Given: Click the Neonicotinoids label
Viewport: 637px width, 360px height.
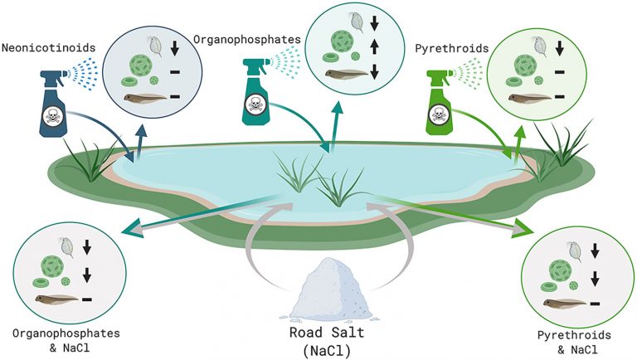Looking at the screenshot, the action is [x=48, y=47].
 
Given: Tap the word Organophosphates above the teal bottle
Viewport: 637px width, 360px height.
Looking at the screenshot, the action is [x=246, y=40].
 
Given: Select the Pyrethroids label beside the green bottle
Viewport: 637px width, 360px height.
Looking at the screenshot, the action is [x=451, y=49].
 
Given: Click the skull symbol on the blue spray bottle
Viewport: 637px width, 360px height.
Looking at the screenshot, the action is [x=53, y=116].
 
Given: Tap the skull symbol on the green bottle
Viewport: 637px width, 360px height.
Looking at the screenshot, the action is [x=439, y=114].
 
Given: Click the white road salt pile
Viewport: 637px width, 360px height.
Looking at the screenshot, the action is [x=331, y=289].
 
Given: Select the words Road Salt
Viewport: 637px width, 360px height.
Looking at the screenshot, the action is [x=327, y=333].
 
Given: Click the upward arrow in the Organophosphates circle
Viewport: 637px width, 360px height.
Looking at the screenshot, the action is [x=375, y=48].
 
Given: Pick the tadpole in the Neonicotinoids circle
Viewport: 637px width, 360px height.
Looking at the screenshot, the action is [x=145, y=98].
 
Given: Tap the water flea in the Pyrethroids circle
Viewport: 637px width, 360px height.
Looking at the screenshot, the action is [x=540, y=46].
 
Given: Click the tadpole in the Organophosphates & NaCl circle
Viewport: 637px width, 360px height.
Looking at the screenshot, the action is [x=56, y=299].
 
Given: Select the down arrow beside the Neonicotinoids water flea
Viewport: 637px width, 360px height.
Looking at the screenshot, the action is [x=175, y=48].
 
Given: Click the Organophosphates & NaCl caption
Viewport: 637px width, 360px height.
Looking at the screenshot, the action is [x=66, y=340].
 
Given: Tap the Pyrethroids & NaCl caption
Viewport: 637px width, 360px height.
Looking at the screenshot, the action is [x=575, y=342].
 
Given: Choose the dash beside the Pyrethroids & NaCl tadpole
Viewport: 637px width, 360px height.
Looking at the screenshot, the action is [x=596, y=303].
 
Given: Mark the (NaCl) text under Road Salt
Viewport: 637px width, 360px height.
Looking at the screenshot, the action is [x=327, y=351].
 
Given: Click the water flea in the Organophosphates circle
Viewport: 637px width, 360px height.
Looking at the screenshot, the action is [x=356, y=22].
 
